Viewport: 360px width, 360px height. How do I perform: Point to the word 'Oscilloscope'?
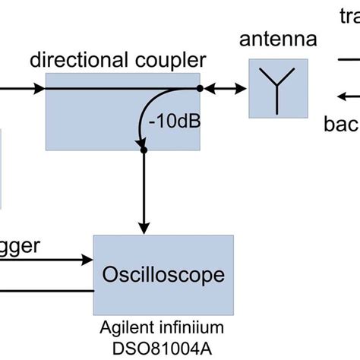[x=163, y=273]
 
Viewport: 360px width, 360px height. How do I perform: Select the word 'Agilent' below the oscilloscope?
[x=125, y=327]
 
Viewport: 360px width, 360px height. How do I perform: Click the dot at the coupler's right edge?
[x=201, y=89]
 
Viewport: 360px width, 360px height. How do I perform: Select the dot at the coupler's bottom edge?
[x=144, y=150]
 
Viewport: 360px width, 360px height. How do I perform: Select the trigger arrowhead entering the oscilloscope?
[x=87, y=261]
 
